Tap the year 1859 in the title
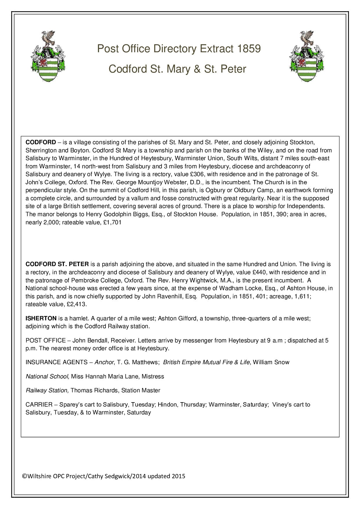pos(249,49)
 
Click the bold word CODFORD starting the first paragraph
pos(41,142)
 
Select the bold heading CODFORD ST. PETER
pos(57,264)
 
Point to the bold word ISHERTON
pos(41,318)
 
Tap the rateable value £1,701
pos(112,223)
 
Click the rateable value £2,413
pos(77,304)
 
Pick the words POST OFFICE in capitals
pos(46,340)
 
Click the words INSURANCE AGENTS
pos(57,362)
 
